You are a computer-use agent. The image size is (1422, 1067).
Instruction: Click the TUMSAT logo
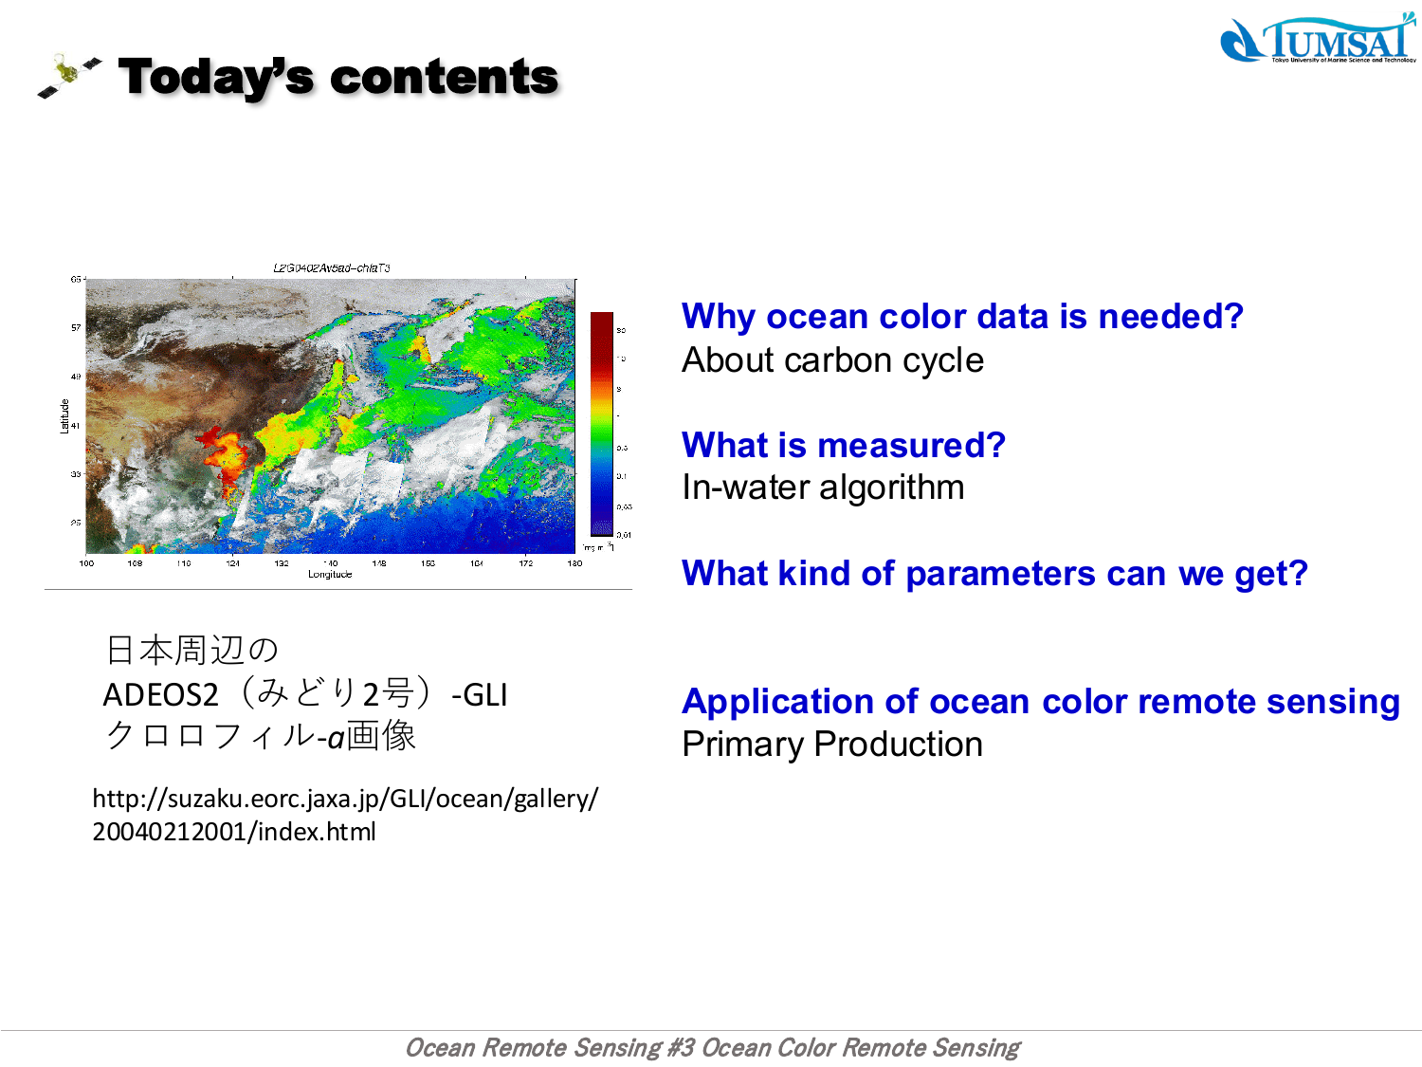[1318, 40]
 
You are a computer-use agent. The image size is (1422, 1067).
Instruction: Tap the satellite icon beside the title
[69, 76]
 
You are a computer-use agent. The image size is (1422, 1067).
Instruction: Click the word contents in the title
[444, 77]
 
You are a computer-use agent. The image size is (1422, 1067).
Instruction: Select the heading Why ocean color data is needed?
[961, 316]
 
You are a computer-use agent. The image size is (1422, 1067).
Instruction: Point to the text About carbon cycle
[832, 360]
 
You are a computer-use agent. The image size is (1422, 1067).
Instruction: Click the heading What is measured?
[843, 445]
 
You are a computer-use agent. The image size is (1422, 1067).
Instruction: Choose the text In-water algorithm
[823, 488]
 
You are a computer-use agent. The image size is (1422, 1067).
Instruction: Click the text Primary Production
[832, 745]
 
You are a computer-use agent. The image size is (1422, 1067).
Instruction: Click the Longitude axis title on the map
[330, 575]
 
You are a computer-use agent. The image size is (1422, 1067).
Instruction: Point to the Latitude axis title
[64, 416]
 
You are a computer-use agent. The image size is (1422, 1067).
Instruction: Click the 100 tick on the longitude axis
[86, 563]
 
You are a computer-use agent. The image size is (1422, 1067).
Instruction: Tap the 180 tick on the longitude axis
[574, 563]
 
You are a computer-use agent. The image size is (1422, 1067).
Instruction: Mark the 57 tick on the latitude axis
[76, 328]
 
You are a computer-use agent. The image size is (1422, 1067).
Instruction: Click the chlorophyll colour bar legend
[602, 424]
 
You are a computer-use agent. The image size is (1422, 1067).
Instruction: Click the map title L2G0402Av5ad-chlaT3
[331, 268]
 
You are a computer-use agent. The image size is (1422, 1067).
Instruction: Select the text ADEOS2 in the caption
[160, 695]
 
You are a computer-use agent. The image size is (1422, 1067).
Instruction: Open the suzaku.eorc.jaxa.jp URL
[345, 815]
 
